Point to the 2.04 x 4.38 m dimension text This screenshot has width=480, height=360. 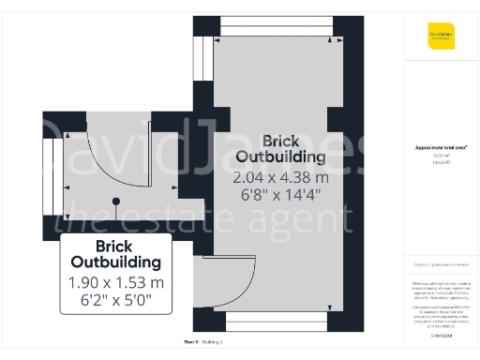coord(281,176)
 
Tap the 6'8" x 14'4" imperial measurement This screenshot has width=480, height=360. coord(281,195)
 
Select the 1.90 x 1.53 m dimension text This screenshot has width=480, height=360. coord(116,282)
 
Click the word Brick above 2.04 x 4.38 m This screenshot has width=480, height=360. coord(281,140)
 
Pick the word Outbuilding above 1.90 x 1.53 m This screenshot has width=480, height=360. coord(116,262)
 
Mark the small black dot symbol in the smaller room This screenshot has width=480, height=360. coord(116,201)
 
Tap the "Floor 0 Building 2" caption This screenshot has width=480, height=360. coord(202,342)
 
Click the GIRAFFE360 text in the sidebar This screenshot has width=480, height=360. coord(442,335)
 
